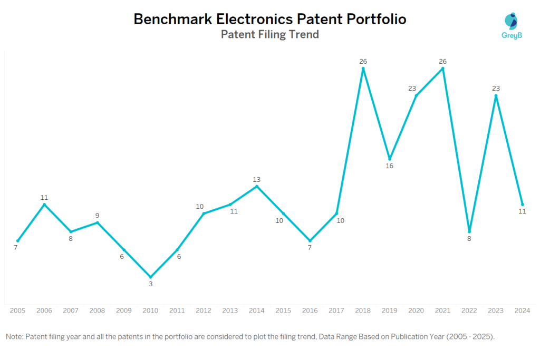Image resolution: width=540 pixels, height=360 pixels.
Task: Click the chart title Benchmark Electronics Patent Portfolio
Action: click(269, 19)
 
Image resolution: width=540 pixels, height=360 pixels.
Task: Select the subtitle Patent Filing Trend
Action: click(269, 35)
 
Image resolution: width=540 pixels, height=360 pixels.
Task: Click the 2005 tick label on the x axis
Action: click(17, 311)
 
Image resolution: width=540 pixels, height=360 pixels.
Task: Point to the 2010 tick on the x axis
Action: click(150, 311)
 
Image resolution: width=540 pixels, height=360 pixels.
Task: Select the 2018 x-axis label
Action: click(363, 311)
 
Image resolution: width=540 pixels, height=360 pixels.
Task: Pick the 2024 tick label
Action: click(523, 311)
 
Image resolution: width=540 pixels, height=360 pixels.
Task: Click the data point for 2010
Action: click(150, 277)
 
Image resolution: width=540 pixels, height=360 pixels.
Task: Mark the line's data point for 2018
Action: click(363, 69)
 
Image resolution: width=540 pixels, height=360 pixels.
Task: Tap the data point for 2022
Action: click(469, 231)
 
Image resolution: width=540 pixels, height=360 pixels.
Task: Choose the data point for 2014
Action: click(257, 186)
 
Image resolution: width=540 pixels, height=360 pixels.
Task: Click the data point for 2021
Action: click(443, 69)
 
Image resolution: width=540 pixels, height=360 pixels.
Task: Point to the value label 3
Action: click(150, 284)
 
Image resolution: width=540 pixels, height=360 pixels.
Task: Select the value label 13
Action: click(257, 179)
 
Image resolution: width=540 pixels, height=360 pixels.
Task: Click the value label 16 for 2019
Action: click(390, 166)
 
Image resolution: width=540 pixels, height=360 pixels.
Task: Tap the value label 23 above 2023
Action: click(496, 89)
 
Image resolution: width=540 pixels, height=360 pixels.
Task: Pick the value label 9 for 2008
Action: click(97, 215)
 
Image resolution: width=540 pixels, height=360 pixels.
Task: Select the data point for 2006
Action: click(44, 205)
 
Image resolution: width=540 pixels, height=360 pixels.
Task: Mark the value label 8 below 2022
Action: click(469, 238)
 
